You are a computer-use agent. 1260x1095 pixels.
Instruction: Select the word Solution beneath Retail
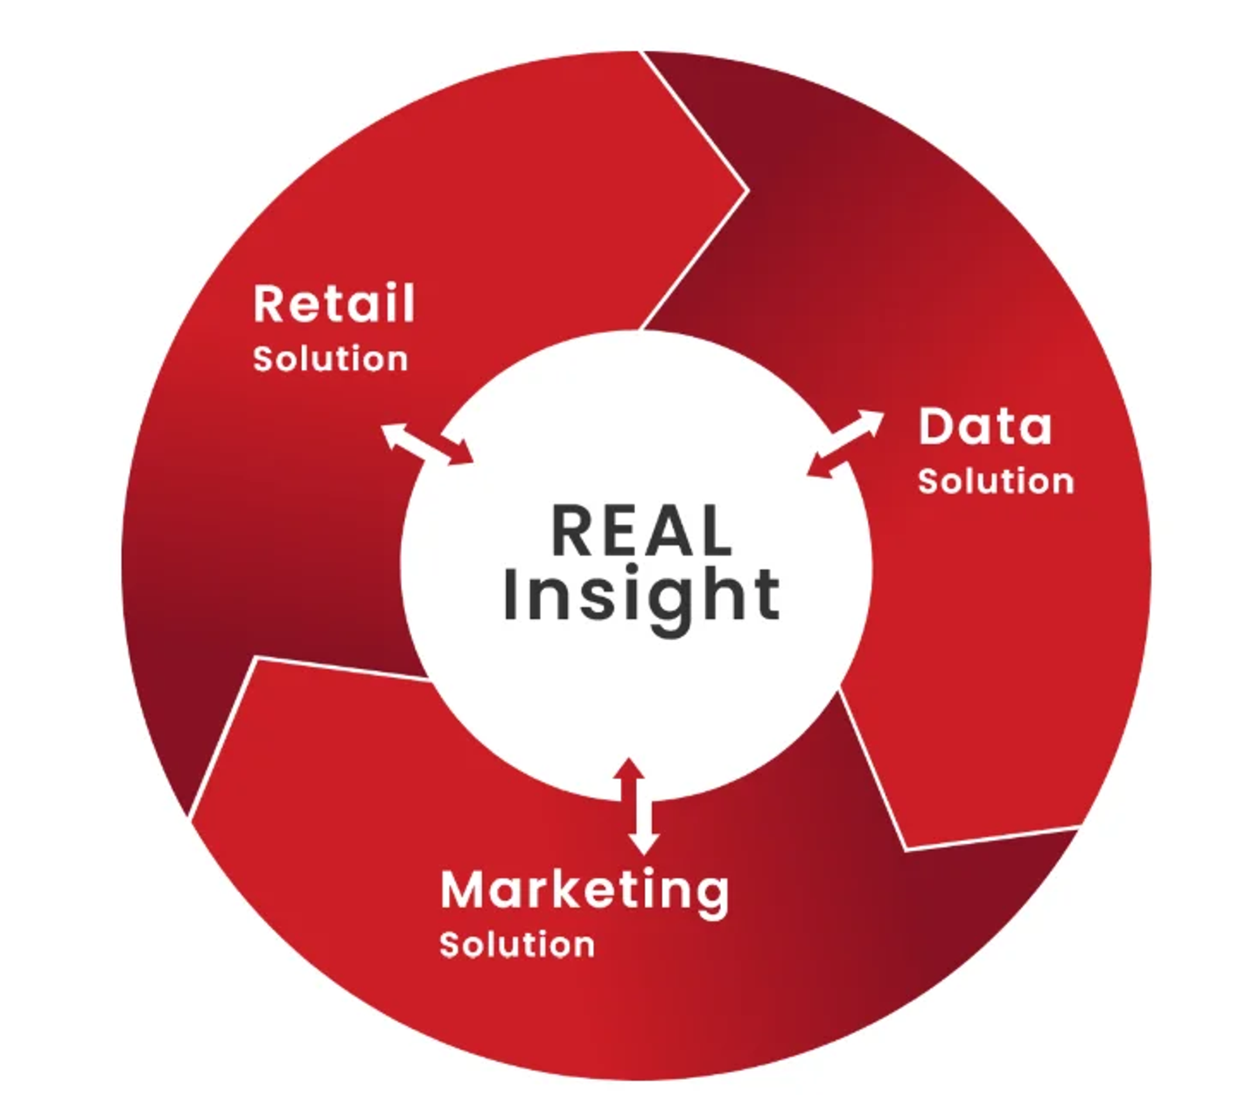[330, 359]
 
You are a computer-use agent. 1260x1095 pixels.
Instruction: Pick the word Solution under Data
[996, 481]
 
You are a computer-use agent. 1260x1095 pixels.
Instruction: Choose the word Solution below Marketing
[516, 945]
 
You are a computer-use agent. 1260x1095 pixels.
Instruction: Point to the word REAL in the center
[641, 531]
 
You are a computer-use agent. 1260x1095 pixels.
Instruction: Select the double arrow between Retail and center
[427, 443]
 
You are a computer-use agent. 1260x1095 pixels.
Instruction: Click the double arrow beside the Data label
[845, 443]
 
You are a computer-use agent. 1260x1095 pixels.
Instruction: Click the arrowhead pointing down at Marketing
[643, 843]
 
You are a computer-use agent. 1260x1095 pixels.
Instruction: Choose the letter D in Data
[936, 426]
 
